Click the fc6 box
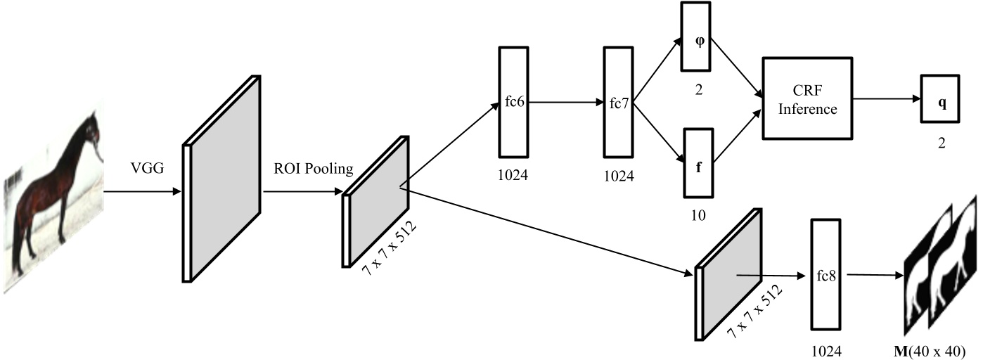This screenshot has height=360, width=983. (x=513, y=101)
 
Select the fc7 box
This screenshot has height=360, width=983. (x=619, y=101)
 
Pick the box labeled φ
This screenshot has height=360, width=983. (x=698, y=39)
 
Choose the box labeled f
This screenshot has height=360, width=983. (x=698, y=162)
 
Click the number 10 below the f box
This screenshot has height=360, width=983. (x=698, y=214)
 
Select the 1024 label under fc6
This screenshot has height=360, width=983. (x=513, y=174)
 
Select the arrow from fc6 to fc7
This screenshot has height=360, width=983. (x=565, y=101)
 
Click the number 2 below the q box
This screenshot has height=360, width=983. (x=941, y=142)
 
